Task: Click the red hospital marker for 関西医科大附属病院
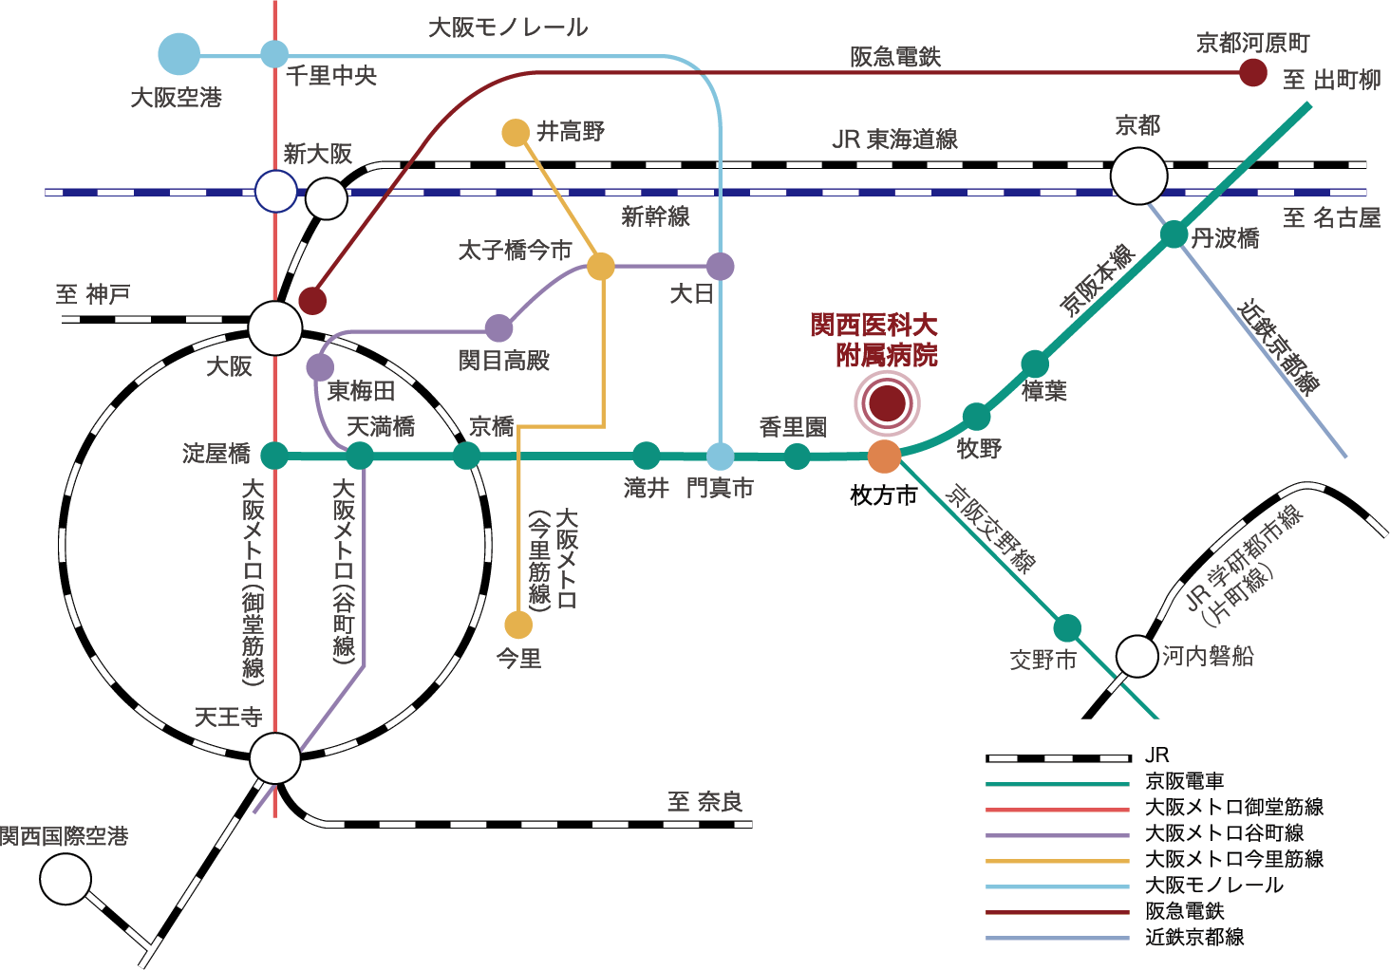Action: point(887,402)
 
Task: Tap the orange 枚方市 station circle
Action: point(884,457)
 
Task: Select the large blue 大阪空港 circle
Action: point(178,54)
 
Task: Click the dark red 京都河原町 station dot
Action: point(1253,72)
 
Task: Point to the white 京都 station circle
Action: point(1138,177)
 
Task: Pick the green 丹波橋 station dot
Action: point(1174,233)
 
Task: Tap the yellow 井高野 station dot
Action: point(516,132)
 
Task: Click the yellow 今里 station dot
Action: point(518,625)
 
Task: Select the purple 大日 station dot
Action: point(721,267)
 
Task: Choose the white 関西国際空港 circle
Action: point(66,879)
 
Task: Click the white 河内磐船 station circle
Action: point(1136,656)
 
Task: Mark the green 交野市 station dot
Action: point(1067,628)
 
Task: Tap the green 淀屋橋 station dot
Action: point(274,456)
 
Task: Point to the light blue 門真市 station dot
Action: point(721,457)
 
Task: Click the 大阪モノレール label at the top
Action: point(508,28)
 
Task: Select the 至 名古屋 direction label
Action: point(1331,218)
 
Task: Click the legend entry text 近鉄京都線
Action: point(1194,938)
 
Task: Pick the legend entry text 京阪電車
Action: point(1184,782)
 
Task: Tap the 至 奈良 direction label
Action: point(704,802)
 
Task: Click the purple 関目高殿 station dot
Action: point(498,328)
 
